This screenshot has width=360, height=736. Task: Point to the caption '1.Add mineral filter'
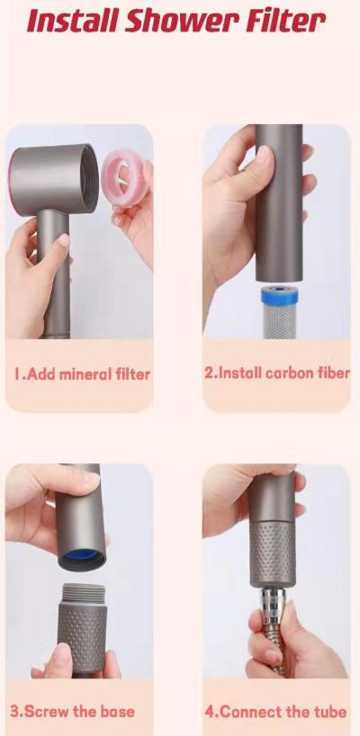pyautogui.click(x=81, y=373)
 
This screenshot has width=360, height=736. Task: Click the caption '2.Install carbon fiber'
pyautogui.click(x=276, y=372)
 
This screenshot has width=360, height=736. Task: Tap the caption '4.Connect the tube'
pyautogui.click(x=275, y=711)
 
